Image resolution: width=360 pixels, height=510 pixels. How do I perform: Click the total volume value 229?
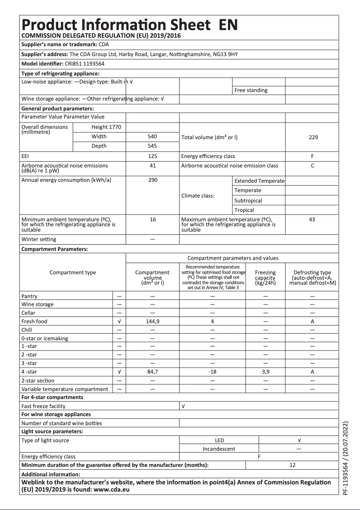[313, 137]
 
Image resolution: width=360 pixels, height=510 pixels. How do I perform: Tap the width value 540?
[153, 136]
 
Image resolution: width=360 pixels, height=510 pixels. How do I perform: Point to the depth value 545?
[153, 146]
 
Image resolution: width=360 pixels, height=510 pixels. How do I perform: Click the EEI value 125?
[153, 156]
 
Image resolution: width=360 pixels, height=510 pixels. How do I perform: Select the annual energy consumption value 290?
[153, 180]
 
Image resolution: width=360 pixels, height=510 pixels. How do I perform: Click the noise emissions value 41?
[153, 166]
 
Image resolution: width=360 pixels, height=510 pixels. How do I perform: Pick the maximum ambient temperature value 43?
[312, 220]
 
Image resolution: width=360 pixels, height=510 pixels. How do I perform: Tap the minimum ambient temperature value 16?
[153, 220]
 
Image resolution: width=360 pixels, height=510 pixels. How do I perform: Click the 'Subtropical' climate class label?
[248, 201]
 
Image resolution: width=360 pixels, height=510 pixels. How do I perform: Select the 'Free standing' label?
[251, 90]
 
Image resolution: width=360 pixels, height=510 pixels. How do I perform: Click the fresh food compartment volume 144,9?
[153, 321]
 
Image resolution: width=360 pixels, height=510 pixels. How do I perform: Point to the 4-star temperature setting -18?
[213, 372]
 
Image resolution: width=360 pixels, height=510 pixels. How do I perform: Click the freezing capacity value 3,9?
[265, 372]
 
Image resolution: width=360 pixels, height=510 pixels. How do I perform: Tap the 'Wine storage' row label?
[37, 304]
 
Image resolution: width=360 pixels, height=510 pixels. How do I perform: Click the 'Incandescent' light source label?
[219, 448]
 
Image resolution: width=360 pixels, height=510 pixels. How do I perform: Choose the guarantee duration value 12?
[293, 465]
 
